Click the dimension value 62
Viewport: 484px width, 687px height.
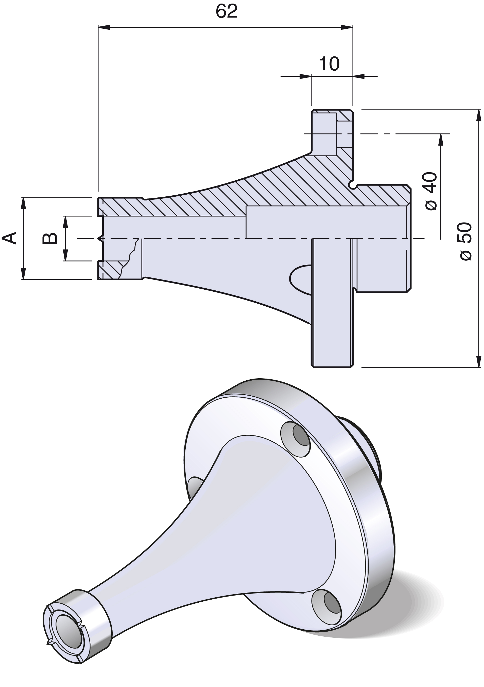pos(227,11)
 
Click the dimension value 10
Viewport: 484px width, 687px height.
pos(329,64)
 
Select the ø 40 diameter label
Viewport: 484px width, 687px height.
pos(431,191)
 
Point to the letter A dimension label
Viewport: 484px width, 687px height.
pos(10,238)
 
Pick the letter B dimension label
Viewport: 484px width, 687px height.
pos(50,238)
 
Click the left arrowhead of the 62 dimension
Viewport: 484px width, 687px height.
pos(104,27)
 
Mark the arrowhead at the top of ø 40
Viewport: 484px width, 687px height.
pos(441,140)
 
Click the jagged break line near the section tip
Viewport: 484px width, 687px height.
pos(129,258)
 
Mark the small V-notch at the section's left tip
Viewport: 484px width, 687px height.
pos(100,239)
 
